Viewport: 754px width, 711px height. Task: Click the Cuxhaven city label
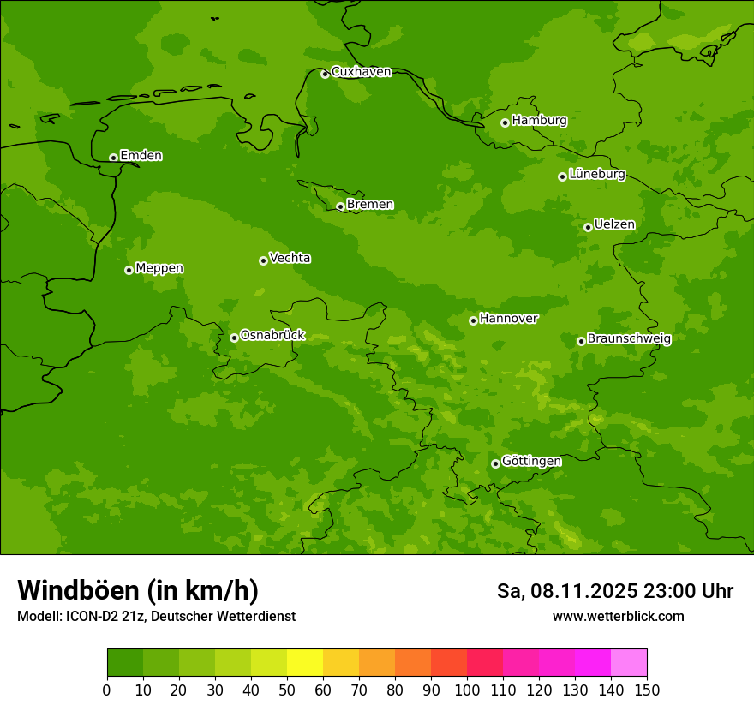point(361,72)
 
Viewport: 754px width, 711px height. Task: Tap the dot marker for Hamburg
point(506,122)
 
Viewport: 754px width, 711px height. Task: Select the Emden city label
point(141,156)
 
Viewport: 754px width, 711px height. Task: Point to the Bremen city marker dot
point(340,206)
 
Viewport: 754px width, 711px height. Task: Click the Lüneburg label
point(596,174)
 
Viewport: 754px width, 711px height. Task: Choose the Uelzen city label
point(614,224)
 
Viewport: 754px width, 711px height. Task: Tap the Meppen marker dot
point(129,270)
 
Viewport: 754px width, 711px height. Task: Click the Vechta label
point(290,258)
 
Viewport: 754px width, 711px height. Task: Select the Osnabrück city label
point(272,335)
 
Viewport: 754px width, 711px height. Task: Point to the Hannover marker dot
point(473,320)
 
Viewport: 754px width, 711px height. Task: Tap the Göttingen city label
point(531,461)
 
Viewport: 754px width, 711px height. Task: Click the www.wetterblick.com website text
point(618,616)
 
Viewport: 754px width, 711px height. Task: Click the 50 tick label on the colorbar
point(287,690)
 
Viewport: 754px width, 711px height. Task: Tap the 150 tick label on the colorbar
point(647,690)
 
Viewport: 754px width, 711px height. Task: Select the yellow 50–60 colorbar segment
point(305,663)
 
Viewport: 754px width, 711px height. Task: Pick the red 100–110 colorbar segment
point(485,663)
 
